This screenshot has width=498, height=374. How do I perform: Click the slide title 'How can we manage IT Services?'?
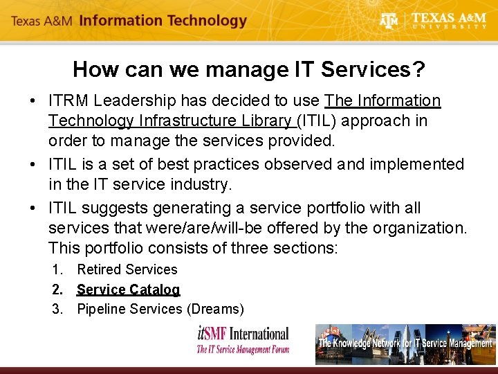click(x=248, y=69)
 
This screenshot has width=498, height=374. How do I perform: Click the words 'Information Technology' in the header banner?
click(x=163, y=21)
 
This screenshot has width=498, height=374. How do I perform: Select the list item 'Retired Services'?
click(x=127, y=269)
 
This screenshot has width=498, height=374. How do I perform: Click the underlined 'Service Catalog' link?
click(x=128, y=290)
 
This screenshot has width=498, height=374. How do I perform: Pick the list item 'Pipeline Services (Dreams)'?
click(x=160, y=309)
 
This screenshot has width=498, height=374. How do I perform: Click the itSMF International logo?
click(x=242, y=340)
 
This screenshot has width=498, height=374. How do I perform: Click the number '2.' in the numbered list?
click(x=58, y=290)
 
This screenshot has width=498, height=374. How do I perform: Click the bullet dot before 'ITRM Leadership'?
click(x=33, y=102)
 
